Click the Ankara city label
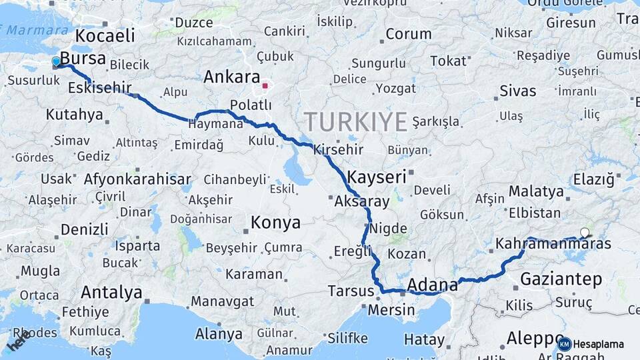click(231, 77)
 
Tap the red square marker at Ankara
click(265, 86)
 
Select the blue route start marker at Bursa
click(56, 62)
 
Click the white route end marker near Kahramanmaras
click(585, 233)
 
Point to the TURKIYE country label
click(355, 122)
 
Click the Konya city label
click(275, 222)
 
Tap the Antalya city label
click(111, 292)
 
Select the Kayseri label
click(377, 177)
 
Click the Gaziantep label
click(561, 279)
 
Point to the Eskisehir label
click(99, 87)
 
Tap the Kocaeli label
click(105, 35)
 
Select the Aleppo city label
click(535, 337)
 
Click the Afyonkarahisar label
click(137, 179)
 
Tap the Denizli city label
click(84, 229)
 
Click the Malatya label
click(536, 191)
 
